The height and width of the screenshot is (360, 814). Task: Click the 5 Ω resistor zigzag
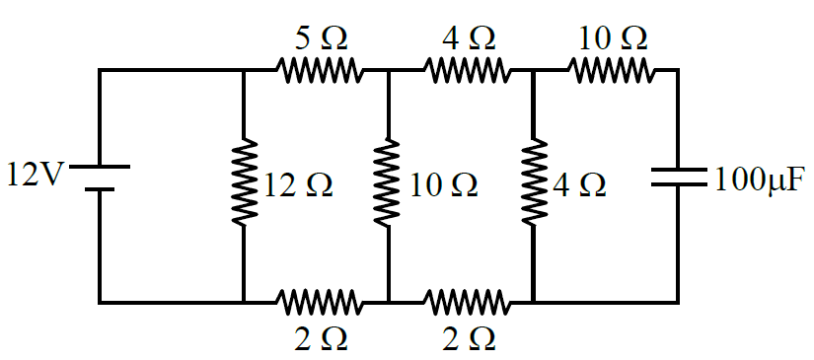[318, 69]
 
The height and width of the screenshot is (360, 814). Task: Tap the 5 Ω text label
[321, 37]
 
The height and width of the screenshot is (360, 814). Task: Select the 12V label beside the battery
[35, 175]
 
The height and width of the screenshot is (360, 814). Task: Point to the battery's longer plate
[100, 167]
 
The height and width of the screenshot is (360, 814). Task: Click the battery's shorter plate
[100, 188]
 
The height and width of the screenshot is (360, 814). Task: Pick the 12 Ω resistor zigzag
[244, 182]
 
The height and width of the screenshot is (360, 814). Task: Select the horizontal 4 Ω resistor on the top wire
[465, 69]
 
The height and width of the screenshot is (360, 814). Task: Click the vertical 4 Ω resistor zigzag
[533, 182]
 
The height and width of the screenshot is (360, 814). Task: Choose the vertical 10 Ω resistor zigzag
[388, 182]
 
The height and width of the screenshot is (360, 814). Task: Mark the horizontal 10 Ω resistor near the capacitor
[610, 69]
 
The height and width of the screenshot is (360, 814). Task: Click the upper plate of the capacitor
[679, 171]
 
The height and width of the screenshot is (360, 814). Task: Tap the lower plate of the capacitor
[679, 183]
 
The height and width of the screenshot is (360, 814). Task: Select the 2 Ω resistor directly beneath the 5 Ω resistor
[318, 302]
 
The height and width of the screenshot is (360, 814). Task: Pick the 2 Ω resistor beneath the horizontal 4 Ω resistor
[465, 302]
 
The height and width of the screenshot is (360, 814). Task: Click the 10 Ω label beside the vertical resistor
[443, 185]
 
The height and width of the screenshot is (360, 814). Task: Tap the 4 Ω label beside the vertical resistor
[579, 185]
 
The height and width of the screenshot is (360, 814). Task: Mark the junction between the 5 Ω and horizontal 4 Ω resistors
[388, 69]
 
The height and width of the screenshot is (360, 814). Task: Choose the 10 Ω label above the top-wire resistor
[613, 37]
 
